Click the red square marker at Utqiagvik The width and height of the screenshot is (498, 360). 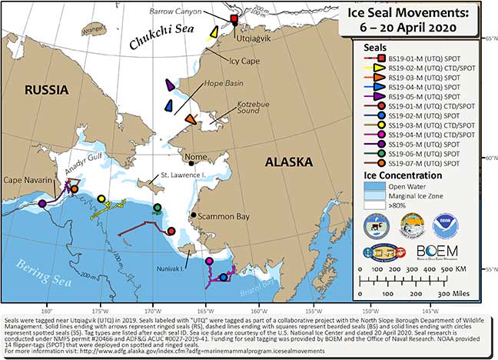click(234, 18)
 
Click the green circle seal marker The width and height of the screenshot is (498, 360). click(157, 207)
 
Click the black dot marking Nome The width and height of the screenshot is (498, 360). click(191, 162)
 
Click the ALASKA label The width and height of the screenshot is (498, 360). click(288, 162)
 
